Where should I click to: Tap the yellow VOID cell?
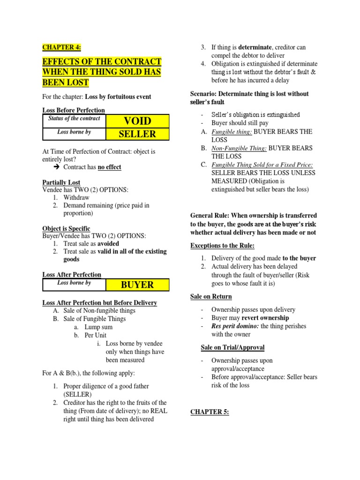tap(137, 121)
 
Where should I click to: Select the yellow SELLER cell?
tap(137, 134)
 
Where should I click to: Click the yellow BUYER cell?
tap(137, 285)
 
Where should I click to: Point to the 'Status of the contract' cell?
tap(74, 119)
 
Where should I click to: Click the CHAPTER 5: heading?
tap(210, 412)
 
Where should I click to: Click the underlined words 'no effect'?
tap(109, 167)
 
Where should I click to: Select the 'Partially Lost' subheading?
tap(61, 182)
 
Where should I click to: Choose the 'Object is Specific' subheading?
tap(67, 228)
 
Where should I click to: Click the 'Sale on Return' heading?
tap(211, 296)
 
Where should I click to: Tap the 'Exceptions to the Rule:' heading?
tap(222, 246)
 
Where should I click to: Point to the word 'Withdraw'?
tap(76, 197)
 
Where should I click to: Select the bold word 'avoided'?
tap(108, 244)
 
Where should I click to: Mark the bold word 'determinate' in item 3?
tap(255, 47)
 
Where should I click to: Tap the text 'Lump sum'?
tap(98, 327)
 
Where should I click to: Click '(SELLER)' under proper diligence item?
tap(78, 394)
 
